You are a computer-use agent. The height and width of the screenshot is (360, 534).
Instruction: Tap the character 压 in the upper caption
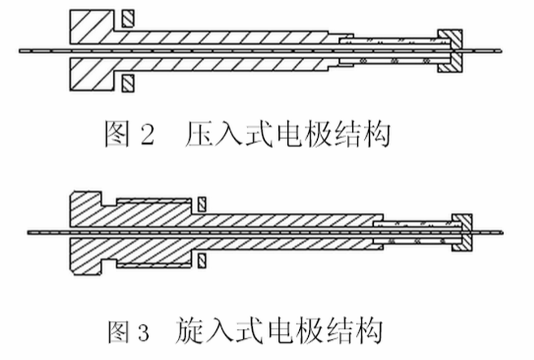[x=202, y=135]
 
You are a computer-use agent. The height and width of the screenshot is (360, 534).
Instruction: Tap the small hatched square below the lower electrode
[x=201, y=260]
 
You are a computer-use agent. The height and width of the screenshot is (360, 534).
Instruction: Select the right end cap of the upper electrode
[x=449, y=50]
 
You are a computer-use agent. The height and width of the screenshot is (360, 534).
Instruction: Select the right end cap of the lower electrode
[x=462, y=232]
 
